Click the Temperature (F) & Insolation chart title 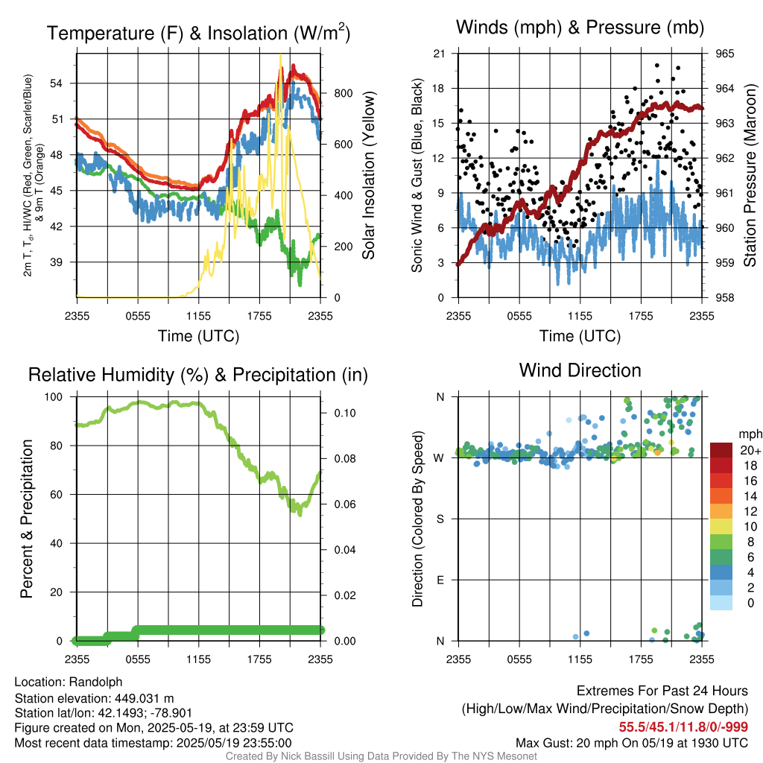click(x=198, y=34)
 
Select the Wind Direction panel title click(x=580, y=370)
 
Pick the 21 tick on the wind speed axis click(x=440, y=54)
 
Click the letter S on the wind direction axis click(x=440, y=519)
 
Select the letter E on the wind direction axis click(x=440, y=580)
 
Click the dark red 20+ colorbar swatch click(x=722, y=450)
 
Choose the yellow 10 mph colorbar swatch click(x=722, y=526)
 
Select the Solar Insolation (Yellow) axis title click(x=368, y=176)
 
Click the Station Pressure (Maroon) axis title click(x=750, y=176)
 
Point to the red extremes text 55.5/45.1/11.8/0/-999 click(x=683, y=726)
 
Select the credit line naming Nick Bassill click(x=381, y=756)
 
